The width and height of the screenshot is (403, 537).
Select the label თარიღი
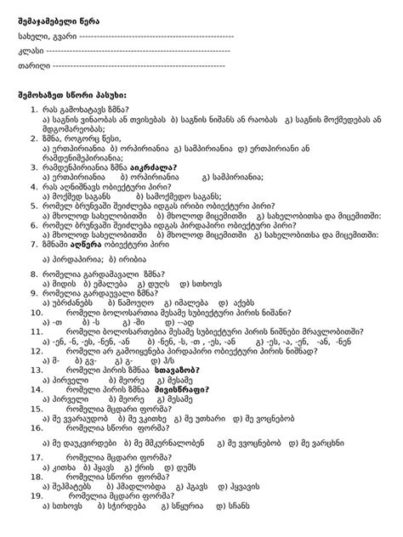(33, 65)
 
